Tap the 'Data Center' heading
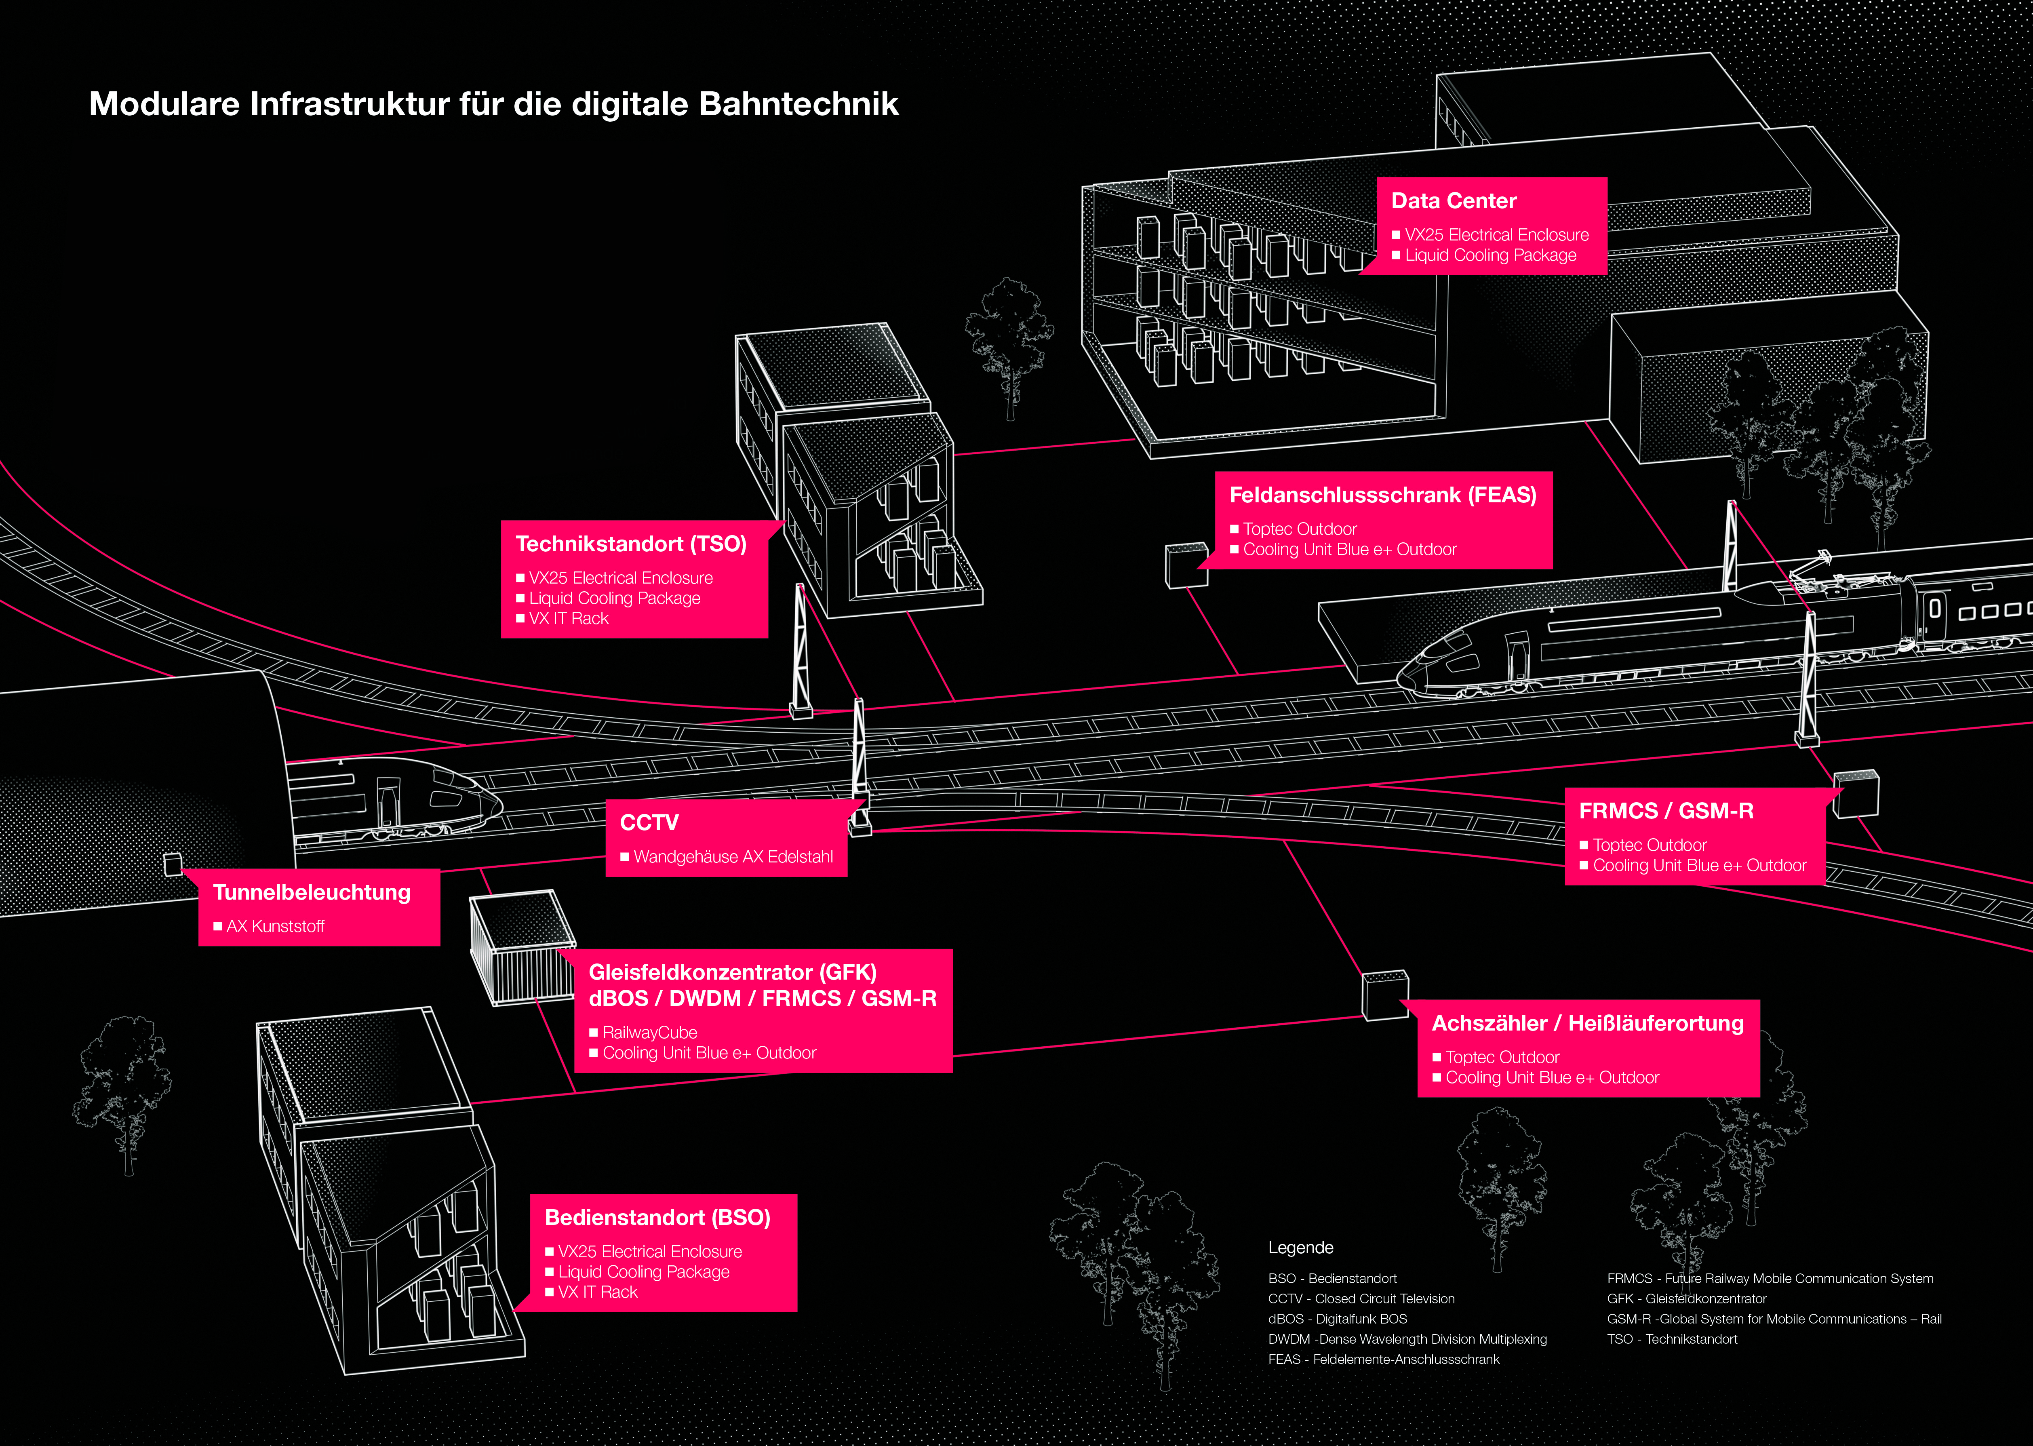[x=1454, y=201]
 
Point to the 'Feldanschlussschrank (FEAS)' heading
[x=1382, y=495]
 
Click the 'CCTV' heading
[x=649, y=823]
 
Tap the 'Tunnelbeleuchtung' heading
[x=312, y=892]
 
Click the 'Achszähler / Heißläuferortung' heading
[x=1587, y=1023]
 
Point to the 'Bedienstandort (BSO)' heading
[x=657, y=1218]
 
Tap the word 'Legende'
[x=1300, y=1248]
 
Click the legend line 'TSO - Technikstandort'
[x=1672, y=1339]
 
